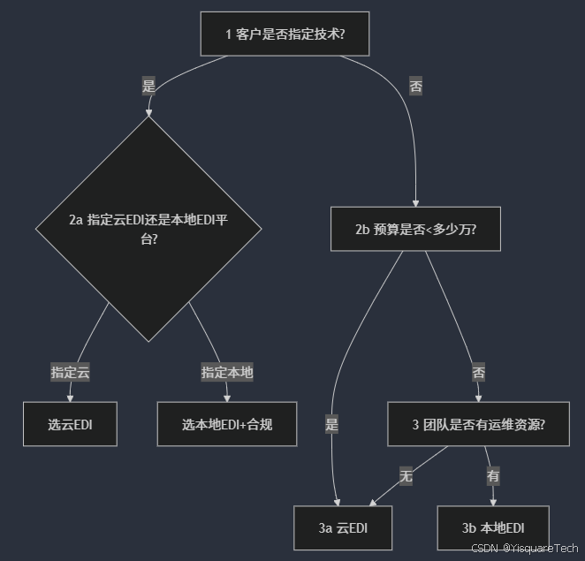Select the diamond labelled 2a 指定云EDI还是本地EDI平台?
point(148,228)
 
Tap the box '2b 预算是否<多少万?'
point(415,230)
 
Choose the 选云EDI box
point(70,424)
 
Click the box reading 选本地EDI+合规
point(227,424)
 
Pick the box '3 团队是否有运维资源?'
point(478,424)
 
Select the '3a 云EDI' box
point(343,527)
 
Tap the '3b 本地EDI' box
point(492,527)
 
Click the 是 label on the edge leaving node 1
point(148,86)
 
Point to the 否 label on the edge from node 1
point(415,86)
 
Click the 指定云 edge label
point(70,372)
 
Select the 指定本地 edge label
point(227,372)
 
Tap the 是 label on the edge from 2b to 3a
point(332,424)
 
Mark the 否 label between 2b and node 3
point(478,372)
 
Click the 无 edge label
point(406,475)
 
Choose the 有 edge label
point(492,475)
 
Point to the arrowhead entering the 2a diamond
point(148,112)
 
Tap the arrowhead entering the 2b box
point(415,202)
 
